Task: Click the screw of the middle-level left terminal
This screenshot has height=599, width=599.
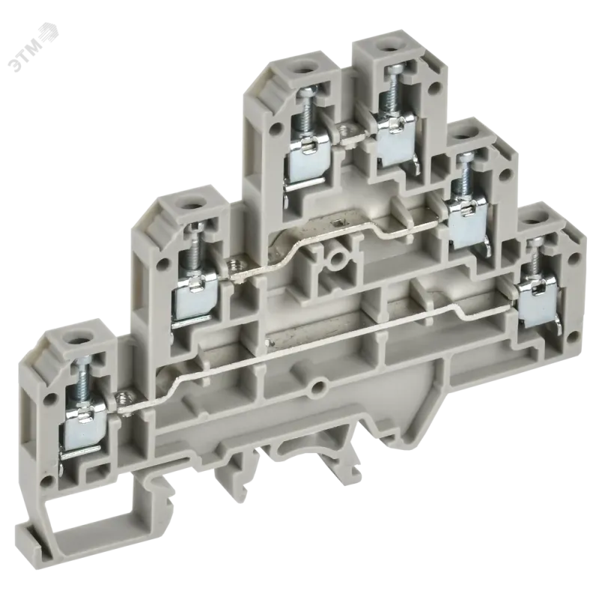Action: pyautogui.click(x=191, y=249)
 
